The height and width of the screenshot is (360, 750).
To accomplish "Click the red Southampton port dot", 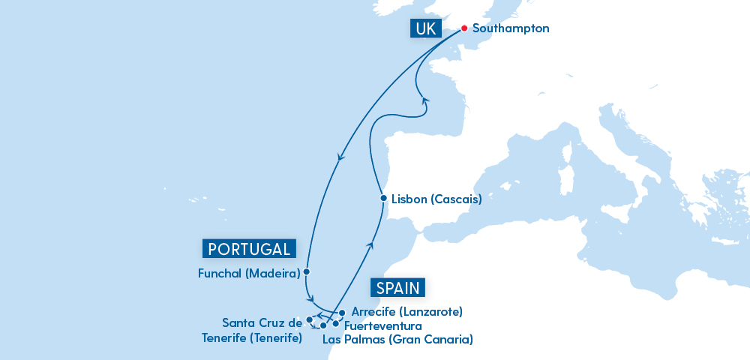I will click(x=463, y=28).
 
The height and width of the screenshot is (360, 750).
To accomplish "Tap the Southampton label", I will click(x=511, y=28).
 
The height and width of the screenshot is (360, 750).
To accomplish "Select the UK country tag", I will click(x=422, y=28).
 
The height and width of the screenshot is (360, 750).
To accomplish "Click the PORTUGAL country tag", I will click(x=248, y=249).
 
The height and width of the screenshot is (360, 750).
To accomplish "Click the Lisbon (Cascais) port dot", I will click(x=383, y=199).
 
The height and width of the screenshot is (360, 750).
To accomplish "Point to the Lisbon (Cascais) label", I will click(x=436, y=200).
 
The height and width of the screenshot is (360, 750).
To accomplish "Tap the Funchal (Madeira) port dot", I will click(x=307, y=271).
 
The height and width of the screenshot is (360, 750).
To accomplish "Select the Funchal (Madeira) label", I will click(x=249, y=272).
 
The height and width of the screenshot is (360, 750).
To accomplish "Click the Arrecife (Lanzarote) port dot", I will click(x=341, y=312).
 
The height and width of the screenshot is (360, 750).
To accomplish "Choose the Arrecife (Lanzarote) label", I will click(x=406, y=311).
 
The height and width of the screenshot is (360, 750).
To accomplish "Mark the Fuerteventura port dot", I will click(x=335, y=324).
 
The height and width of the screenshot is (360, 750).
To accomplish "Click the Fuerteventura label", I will click(x=382, y=326).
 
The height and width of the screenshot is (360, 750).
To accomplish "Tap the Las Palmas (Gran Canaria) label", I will click(x=397, y=339).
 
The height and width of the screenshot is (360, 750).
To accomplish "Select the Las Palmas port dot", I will click(x=323, y=325).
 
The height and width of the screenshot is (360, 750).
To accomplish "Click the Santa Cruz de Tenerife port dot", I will click(x=310, y=319).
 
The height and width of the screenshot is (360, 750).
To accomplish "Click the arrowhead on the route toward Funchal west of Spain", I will click(x=341, y=158).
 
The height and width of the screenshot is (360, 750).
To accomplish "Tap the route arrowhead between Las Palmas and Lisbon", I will click(x=369, y=244).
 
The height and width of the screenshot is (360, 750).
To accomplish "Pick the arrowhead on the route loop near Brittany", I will click(x=424, y=100).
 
